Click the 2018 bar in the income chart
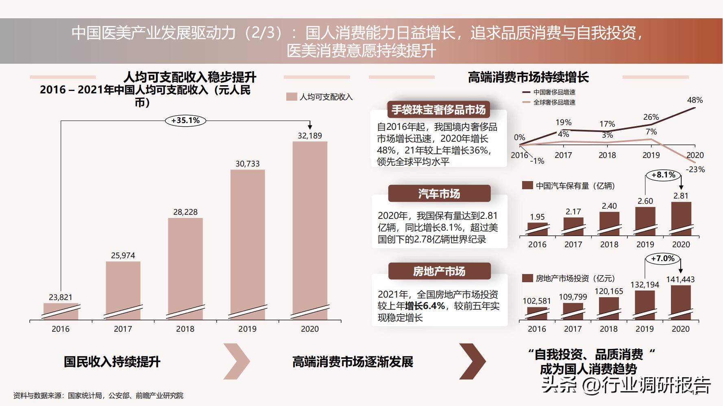(185, 268)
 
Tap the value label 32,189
(310, 136)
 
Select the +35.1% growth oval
(185, 121)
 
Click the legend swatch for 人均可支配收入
(292, 97)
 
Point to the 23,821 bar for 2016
(61, 311)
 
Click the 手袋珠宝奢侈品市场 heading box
(439, 110)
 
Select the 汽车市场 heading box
(439, 194)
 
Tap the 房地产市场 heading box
(439, 271)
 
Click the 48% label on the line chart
(695, 100)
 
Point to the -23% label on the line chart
(695, 170)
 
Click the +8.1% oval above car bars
(663, 175)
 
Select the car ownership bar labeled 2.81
(681, 218)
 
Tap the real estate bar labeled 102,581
(537, 313)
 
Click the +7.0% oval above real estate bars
(663, 259)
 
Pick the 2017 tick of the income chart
(123, 329)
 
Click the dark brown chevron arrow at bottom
(473, 361)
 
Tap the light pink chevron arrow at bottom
(237, 361)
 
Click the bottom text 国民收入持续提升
(112, 362)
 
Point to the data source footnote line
(98, 395)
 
